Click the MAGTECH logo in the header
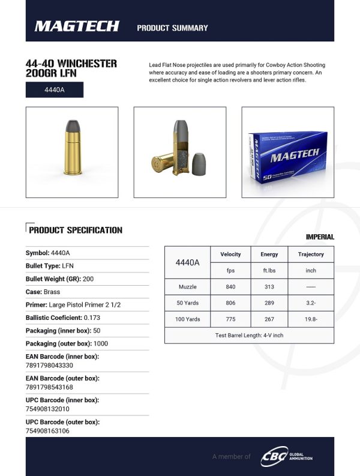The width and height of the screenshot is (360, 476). coord(77,26)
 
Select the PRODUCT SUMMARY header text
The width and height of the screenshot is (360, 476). coord(172,28)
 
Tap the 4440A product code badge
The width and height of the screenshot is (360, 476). coord(54,90)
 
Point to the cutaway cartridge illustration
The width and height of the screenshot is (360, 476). coord(179,152)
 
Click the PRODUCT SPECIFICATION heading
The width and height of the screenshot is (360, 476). coord(76,230)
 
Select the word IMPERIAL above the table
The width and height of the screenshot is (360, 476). coord(320,237)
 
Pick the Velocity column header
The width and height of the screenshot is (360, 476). coord(230,255)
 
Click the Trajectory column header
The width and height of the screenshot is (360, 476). coord(311,255)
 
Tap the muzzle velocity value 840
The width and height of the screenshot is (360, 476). coord(230,287)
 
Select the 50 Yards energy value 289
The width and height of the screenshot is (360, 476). coord(269,303)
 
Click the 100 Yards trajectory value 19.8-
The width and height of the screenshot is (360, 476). coord(311,319)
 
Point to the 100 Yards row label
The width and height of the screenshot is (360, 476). coord(188,319)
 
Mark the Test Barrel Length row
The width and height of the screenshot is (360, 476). coord(249,335)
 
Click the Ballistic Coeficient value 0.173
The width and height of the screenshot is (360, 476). coord(92,318)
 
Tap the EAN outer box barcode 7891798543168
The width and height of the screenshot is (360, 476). coord(50,387)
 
